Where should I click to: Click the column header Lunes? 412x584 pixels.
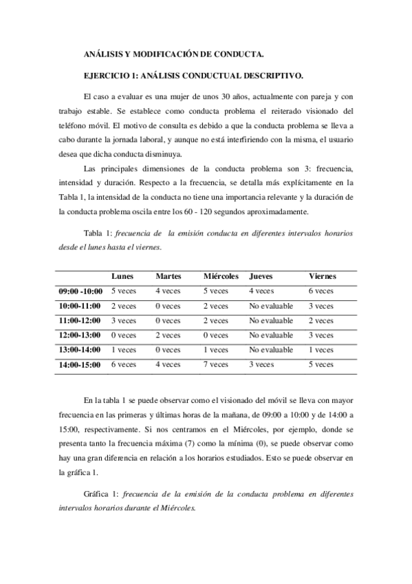(122, 276)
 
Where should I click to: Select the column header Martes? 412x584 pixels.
(168, 276)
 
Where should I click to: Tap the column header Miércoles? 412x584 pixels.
(221, 276)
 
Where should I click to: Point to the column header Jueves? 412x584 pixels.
(261, 276)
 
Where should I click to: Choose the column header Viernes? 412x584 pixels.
(323, 276)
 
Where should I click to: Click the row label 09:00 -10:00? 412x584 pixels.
(80, 291)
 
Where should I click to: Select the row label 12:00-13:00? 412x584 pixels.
(80, 335)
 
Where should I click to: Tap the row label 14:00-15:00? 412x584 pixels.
(80, 364)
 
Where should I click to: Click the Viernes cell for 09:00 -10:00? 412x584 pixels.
(321, 291)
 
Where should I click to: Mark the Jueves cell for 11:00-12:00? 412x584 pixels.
(271, 320)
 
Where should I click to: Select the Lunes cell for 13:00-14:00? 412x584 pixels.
(124, 350)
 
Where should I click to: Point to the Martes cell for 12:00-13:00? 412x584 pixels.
(168, 335)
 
